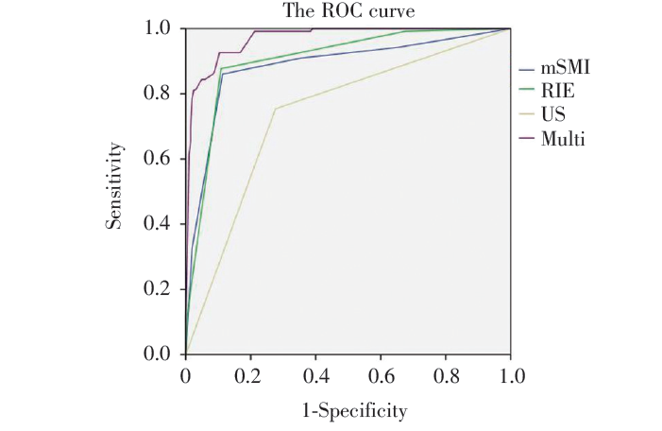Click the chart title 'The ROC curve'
click(x=348, y=10)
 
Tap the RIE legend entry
click(x=557, y=93)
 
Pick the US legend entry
click(x=553, y=116)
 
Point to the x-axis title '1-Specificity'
click(x=347, y=411)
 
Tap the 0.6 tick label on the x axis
click(x=380, y=375)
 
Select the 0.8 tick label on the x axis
click(x=445, y=375)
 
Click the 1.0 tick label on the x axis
click(x=510, y=375)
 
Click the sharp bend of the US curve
click(x=275, y=109)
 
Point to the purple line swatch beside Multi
click(x=526, y=140)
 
